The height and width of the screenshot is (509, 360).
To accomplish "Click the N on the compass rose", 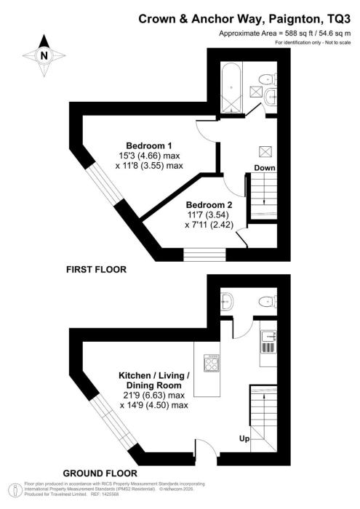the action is tap(44, 56).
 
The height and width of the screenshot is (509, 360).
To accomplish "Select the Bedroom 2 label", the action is tap(209, 205).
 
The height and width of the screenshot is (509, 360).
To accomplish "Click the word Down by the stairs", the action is tap(265, 168).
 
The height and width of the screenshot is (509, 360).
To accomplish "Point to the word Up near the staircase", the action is tap(244, 439).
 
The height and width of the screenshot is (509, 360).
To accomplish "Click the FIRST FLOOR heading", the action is tap(97, 270).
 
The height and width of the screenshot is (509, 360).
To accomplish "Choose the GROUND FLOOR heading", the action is tap(100, 473).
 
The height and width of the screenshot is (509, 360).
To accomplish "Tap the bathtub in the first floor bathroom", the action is tap(231, 87).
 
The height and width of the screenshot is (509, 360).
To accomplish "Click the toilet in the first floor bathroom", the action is tap(268, 79).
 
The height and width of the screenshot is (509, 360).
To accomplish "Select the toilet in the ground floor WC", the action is tap(268, 302).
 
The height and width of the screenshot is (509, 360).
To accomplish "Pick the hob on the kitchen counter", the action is tap(212, 363).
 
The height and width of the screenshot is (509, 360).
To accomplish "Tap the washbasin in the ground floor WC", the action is tap(227, 301).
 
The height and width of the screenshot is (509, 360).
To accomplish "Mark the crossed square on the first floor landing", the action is tap(265, 151).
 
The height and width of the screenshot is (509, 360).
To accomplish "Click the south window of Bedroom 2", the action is tap(204, 254).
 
